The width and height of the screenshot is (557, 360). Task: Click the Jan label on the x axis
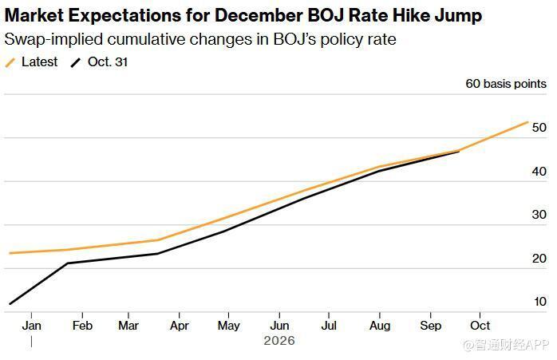(32, 326)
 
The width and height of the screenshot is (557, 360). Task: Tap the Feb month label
(81, 326)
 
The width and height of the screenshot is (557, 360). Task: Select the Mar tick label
(128, 326)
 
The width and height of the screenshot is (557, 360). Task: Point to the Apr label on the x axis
(180, 326)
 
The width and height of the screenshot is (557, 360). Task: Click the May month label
(229, 326)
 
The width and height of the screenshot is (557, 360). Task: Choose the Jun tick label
(279, 326)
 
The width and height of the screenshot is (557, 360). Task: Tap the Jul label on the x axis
(328, 326)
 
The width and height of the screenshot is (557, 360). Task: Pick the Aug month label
(380, 326)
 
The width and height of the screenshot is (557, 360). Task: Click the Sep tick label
(430, 326)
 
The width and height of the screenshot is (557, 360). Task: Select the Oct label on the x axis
(480, 326)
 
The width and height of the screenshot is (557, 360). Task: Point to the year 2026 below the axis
(279, 341)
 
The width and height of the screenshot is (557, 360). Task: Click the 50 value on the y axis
(539, 128)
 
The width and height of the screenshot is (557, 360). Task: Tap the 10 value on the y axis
(539, 302)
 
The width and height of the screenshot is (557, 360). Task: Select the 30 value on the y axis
(539, 215)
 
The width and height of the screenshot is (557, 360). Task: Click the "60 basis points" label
(506, 84)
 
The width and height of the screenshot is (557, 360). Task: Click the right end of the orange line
(527, 122)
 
